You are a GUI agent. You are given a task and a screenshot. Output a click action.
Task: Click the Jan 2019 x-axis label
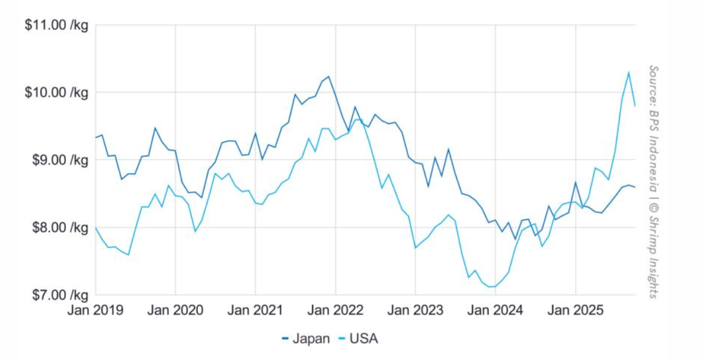[x=96, y=310]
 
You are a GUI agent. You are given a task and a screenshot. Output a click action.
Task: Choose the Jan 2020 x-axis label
[x=175, y=310]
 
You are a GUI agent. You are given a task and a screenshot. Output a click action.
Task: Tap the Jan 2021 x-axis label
[x=255, y=310]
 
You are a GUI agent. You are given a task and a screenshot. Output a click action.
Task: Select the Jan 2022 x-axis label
[x=335, y=310]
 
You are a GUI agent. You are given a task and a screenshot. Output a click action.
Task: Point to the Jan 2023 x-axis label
[x=415, y=310]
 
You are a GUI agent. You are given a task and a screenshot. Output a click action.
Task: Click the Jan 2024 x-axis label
[x=495, y=310]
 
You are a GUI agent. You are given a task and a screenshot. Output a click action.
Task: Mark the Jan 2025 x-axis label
[x=575, y=310]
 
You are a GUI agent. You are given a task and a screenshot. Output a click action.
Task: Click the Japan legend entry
[x=306, y=338]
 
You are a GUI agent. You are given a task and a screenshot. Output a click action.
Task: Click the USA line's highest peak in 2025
[x=628, y=73]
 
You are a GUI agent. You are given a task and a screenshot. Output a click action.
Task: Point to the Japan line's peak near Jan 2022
[x=328, y=77]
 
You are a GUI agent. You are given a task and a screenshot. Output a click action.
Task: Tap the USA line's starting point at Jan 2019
[x=96, y=227]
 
